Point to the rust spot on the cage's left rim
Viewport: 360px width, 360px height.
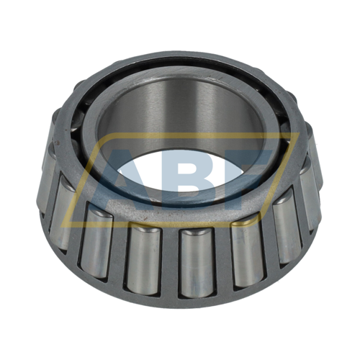pos(58,142)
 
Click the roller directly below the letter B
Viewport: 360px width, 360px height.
pos(197,262)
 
